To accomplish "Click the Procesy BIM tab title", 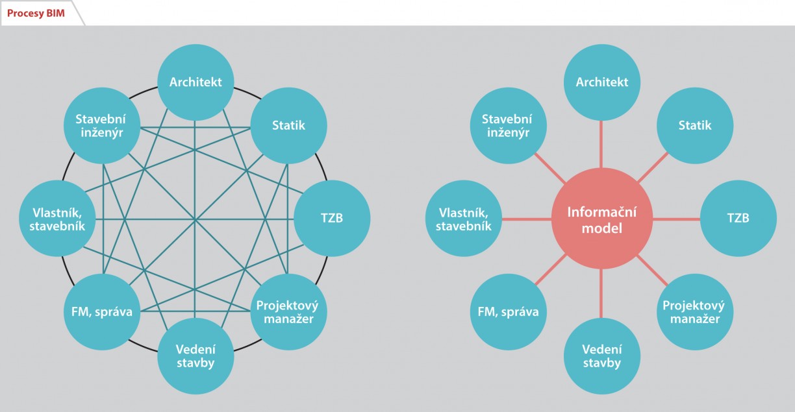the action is tap(36, 14).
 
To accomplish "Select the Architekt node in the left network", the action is tap(196, 82).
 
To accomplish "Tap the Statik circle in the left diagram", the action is tap(288, 125).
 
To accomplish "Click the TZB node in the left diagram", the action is tap(332, 218).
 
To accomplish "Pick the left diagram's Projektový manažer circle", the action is tap(288, 312).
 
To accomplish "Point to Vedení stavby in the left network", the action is tap(196, 356).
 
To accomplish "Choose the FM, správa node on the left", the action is tap(102, 312).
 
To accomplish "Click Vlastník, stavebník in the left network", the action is tap(57, 218).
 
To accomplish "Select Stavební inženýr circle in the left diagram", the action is tap(102, 125).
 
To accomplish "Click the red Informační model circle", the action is tap(602, 219).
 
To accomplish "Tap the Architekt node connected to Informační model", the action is tap(602, 82).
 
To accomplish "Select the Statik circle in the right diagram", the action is tap(695, 125).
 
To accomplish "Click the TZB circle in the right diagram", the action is tap(738, 218).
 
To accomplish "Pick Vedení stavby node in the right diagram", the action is tap(602, 356).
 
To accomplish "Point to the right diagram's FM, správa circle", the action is tap(508, 312).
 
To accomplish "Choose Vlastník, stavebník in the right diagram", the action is tap(464, 218).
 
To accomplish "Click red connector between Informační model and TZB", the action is tap(676, 219).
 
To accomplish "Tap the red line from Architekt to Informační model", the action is tap(601, 144).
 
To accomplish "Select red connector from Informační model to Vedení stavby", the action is tap(601, 293).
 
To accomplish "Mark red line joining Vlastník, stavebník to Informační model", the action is tap(527, 219).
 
